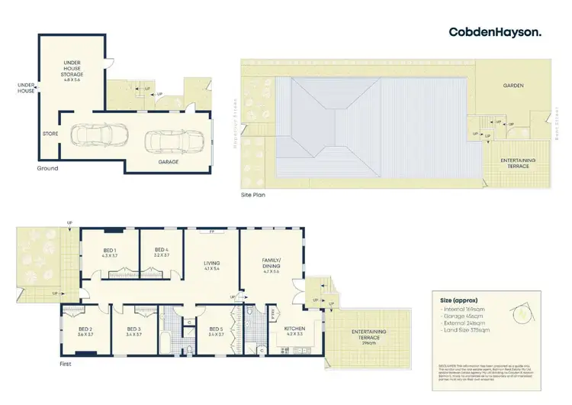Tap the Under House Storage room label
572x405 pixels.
(72, 73)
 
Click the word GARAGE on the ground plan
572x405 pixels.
(169, 162)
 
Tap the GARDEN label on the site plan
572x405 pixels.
(512, 86)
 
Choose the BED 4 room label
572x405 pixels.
(161, 253)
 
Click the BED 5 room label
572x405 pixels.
(216, 331)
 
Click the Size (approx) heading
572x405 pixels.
(458, 301)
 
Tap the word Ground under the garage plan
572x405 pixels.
(47, 168)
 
